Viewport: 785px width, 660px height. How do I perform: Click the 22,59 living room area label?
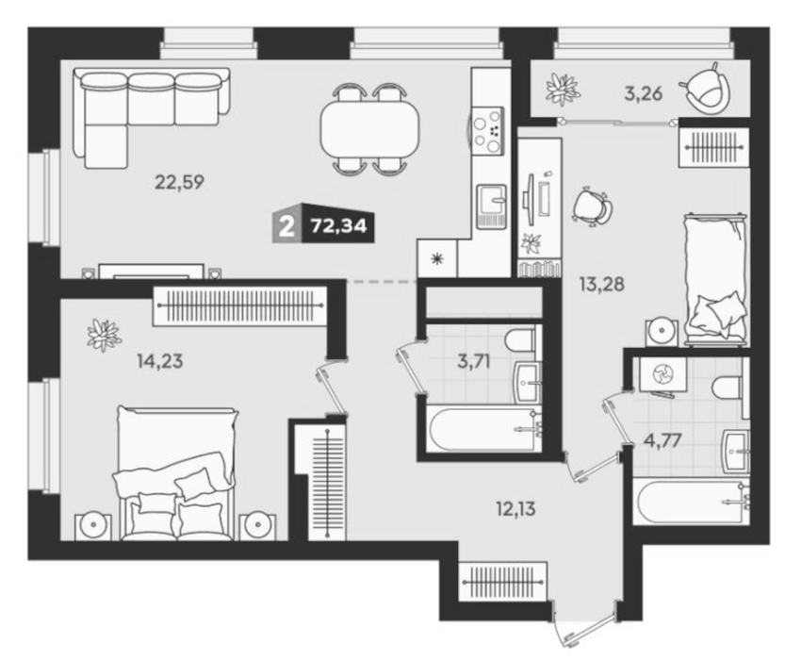(179, 182)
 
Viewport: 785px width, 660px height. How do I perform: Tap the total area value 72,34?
(339, 226)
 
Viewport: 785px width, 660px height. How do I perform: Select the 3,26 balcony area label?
(644, 93)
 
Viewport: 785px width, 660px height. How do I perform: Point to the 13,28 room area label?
(602, 285)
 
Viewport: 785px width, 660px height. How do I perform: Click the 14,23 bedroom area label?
(159, 360)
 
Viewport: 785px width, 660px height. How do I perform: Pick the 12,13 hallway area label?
(515, 509)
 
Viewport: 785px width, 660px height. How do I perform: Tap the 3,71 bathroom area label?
(474, 360)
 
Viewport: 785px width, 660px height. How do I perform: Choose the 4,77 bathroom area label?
(662, 440)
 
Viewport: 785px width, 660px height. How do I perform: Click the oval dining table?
(369, 129)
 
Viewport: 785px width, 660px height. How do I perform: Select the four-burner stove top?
(487, 131)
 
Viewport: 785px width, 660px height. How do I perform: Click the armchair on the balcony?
(705, 90)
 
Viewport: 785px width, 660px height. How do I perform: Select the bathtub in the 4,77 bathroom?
(692, 502)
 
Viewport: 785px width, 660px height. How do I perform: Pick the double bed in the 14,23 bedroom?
(175, 473)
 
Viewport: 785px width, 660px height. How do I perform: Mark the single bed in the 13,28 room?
(715, 278)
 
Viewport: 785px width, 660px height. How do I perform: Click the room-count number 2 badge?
(286, 228)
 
